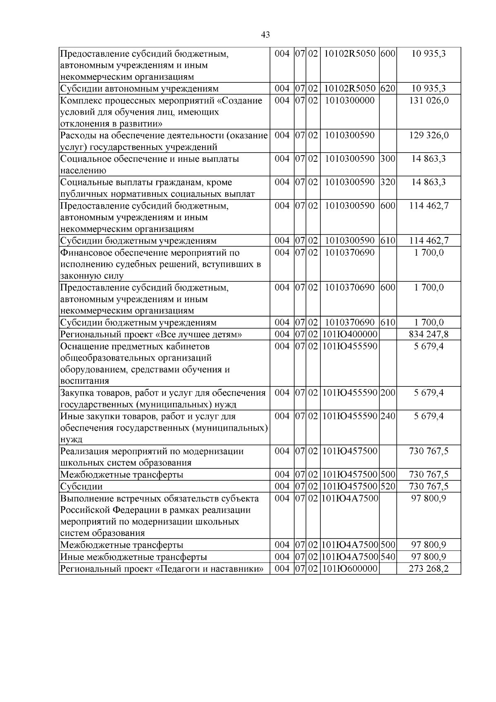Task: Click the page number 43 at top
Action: tap(266, 35)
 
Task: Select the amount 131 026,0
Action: tap(429, 101)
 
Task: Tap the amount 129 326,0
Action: tap(429, 135)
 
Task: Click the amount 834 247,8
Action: tap(429, 334)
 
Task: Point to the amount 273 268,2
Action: tap(429, 569)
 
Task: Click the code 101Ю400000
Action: tap(350, 334)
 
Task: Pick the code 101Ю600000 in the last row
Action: tap(350, 569)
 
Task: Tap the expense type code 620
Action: tap(388, 89)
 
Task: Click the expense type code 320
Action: tap(388, 182)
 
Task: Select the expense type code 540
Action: tap(388, 557)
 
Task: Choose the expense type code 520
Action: tap(388, 486)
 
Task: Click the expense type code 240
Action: tap(388, 416)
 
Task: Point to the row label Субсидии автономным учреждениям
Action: tap(139, 89)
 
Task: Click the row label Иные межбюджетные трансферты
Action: tap(134, 557)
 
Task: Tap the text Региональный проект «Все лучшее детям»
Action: tap(151, 334)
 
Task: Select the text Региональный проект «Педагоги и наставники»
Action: tap(162, 569)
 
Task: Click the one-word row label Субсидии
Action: tap(81, 486)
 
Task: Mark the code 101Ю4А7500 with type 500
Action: tap(350, 545)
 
